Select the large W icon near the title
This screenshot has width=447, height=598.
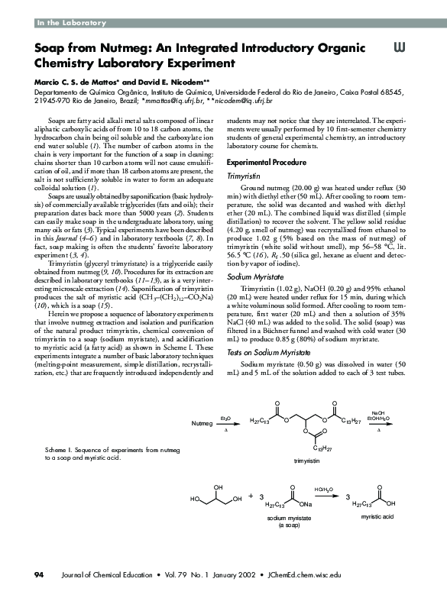pos(398,47)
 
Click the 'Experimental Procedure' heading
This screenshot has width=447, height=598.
pos(267,163)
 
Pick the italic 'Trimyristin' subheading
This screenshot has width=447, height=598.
pos(247,176)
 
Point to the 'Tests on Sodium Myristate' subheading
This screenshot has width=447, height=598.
pos(272,352)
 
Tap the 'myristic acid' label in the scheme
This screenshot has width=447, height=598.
pos(377,517)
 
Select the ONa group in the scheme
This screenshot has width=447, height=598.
pos(305,504)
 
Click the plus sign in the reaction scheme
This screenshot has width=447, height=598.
pos(250,497)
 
